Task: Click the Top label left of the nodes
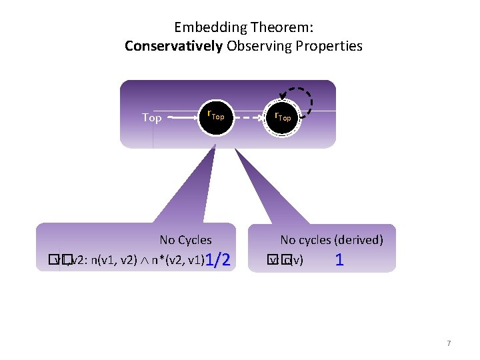coord(152,118)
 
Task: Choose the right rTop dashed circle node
coord(284,117)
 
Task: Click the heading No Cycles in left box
coord(185,240)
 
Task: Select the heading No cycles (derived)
coord(331,240)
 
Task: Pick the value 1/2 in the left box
coord(218,260)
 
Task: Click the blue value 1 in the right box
coord(339,260)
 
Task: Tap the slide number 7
coord(449,343)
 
